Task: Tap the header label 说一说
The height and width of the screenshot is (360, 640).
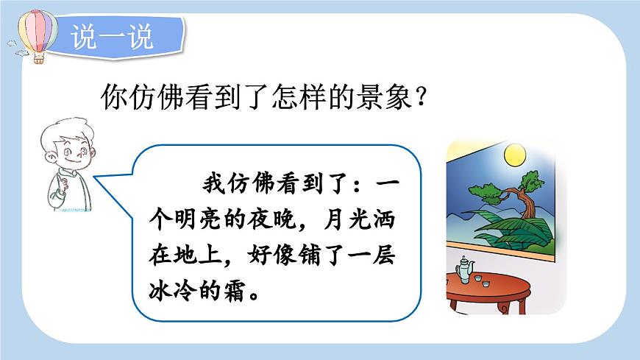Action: tap(113, 38)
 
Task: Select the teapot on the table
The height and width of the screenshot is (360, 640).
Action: tap(465, 272)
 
